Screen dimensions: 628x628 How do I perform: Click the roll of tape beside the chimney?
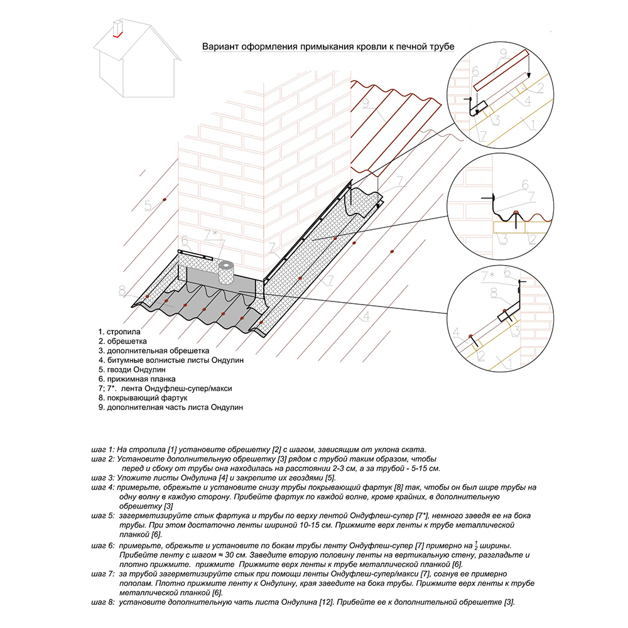pos(225,274)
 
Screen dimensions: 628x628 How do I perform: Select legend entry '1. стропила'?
pos(119,331)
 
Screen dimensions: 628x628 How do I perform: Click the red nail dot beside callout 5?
pos(165,200)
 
